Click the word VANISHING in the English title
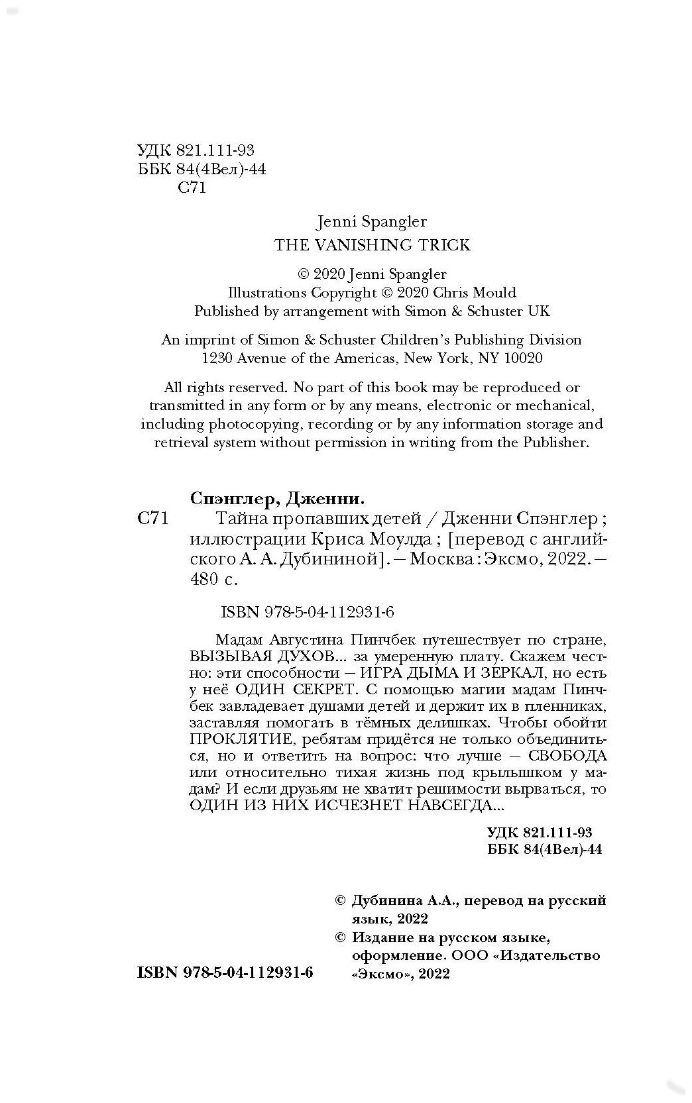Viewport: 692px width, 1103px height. [x=355, y=245]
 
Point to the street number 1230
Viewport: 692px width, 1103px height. [x=218, y=358]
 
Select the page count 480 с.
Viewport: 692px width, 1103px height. [x=213, y=579]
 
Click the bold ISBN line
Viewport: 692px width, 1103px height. [x=225, y=972]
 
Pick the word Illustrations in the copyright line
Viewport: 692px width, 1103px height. [x=266, y=292]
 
